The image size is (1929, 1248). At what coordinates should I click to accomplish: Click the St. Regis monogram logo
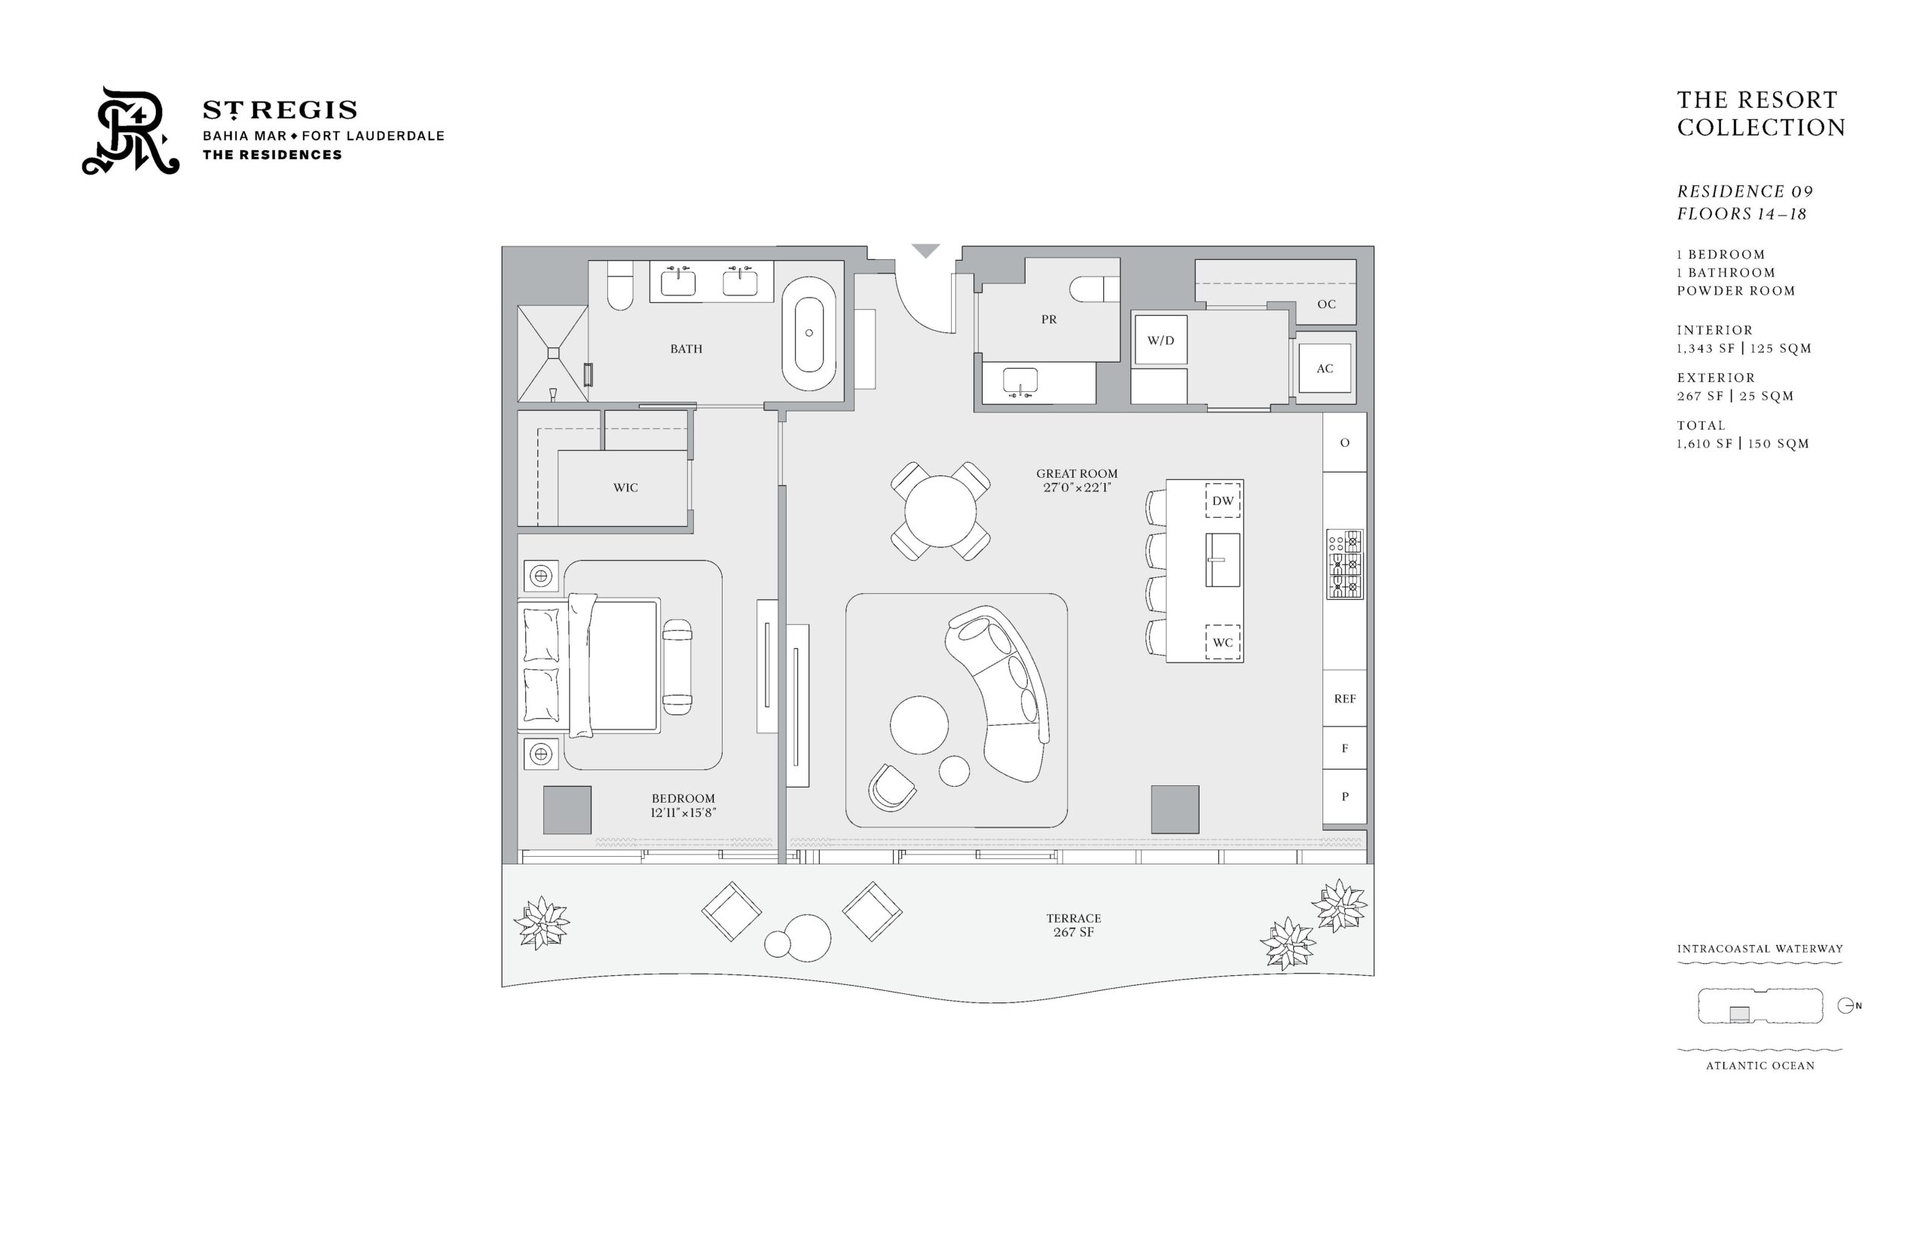[130, 130]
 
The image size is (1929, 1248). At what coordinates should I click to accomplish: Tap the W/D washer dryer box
[1160, 341]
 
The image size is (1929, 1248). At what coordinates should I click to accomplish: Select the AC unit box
[1325, 369]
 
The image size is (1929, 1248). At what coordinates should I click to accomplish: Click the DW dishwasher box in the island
[1222, 501]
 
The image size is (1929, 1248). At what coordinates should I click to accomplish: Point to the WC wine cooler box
[1222, 642]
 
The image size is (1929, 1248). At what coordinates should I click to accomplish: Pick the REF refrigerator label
[1345, 699]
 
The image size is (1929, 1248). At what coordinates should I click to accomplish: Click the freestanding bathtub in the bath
[809, 332]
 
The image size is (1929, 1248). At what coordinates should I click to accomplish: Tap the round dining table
[940, 512]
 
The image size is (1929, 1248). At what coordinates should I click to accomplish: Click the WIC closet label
[625, 488]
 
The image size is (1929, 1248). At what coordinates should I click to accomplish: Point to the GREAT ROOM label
[1077, 473]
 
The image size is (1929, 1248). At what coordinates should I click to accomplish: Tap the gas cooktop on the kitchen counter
[1345, 564]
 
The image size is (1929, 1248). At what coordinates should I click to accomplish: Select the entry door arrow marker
[925, 250]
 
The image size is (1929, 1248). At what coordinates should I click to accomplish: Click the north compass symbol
[1848, 1005]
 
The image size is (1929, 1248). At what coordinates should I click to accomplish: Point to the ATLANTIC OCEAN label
[1760, 1066]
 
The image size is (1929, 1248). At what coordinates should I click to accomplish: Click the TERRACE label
[1074, 918]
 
